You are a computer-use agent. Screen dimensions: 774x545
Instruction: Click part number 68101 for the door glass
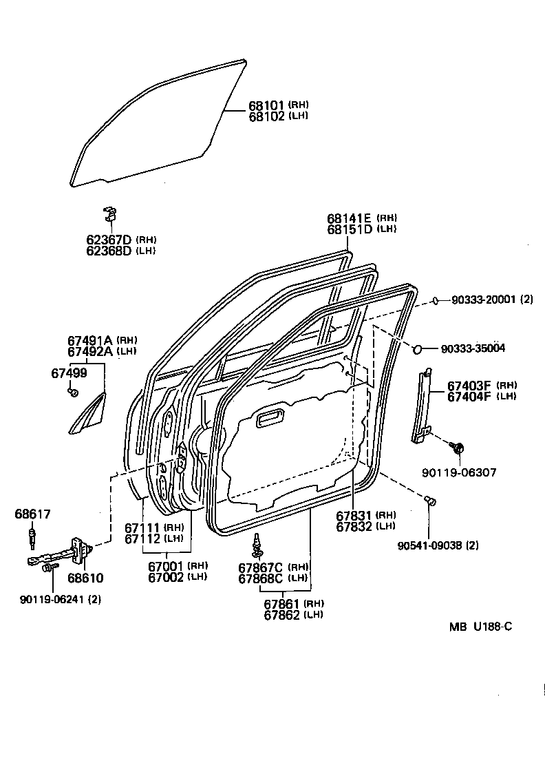(x=266, y=105)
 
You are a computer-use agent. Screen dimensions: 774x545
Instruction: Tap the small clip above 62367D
(x=109, y=213)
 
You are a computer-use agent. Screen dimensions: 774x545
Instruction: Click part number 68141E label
(x=350, y=218)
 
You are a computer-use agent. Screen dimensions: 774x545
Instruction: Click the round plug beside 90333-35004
(x=418, y=349)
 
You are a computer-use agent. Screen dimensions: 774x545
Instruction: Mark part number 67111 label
(x=142, y=527)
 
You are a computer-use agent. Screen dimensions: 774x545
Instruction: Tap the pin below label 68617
(x=32, y=534)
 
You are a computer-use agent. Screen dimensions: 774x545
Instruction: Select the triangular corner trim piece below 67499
(x=88, y=415)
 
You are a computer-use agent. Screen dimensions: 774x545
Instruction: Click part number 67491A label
(x=90, y=340)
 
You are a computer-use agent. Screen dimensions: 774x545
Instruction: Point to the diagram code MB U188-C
(x=480, y=627)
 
